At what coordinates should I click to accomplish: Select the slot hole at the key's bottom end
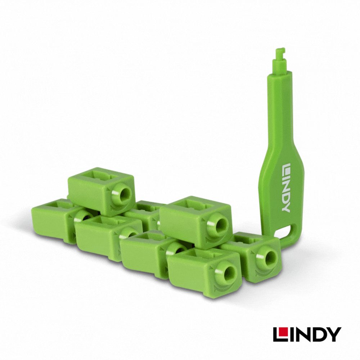pyautogui.click(x=282, y=231)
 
